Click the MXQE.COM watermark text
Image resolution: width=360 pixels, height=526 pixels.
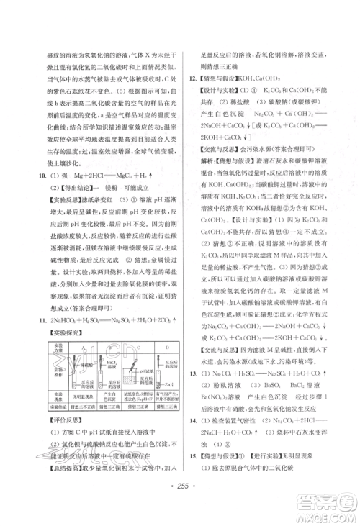(328, 515)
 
